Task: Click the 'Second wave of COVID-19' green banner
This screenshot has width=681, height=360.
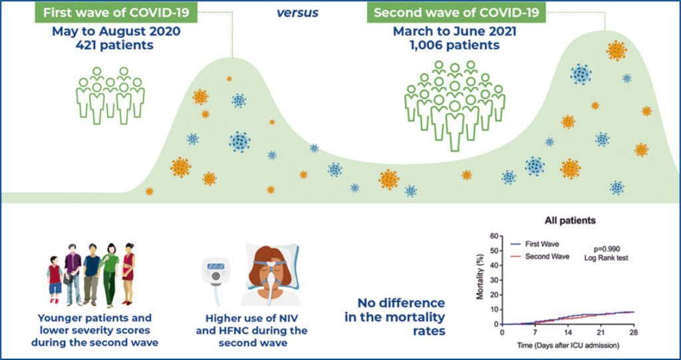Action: [456, 13]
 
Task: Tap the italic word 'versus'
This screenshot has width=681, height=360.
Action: [297, 13]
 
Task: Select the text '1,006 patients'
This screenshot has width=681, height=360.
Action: [456, 45]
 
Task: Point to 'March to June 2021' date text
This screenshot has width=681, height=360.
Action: [456, 31]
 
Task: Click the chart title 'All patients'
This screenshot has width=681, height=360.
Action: [569, 220]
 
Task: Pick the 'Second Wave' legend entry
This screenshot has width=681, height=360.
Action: [547, 256]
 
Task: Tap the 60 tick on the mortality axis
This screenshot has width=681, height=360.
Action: [493, 236]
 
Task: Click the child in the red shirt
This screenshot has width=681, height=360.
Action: [55, 279]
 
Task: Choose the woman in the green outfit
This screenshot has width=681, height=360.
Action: [110, 273]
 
